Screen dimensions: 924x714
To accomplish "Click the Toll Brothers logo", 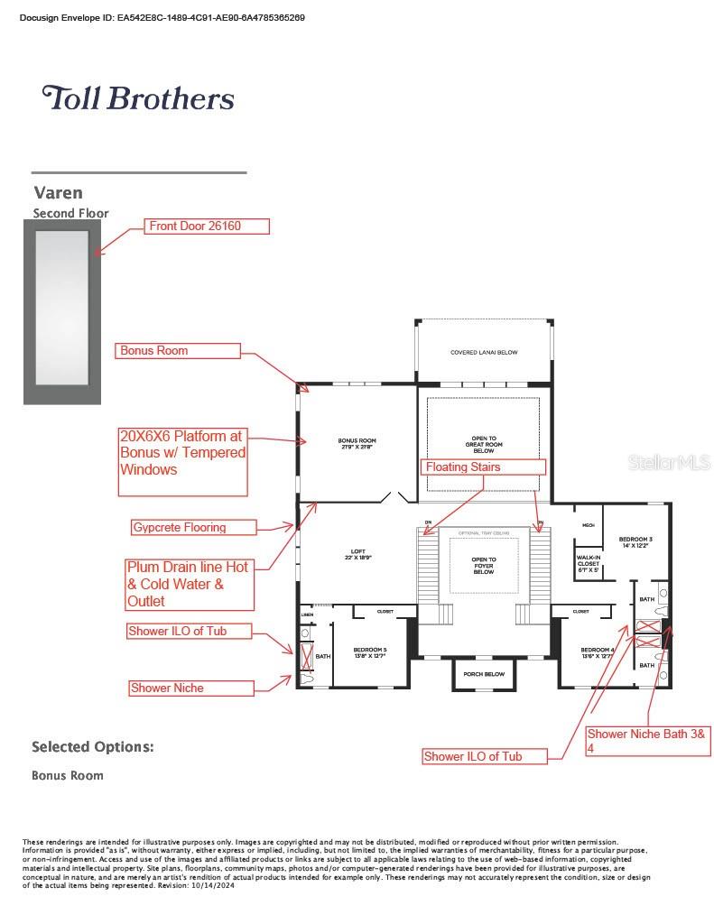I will pyautogui.click(x=138, y=97).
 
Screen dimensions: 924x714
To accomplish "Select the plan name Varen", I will pyautogui.click(x=58, y=192).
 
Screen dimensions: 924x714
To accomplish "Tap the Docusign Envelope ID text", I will pyautogui.click(x=162, y=17).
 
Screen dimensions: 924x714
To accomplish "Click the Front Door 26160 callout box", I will pyautogui.click(x=208, y=226).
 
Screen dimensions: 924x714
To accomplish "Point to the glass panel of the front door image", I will pyautogui.click(x=61, y=307).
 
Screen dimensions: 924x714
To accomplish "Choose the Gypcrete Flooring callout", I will pyautogui.click(x=192, y=527).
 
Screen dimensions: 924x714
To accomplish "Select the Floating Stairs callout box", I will pyautogui.click(x=483, y=467).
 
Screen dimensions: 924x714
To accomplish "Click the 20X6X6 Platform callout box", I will pyautogui.click(x=182, y=460).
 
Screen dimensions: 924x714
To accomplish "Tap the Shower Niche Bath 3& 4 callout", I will pyautogui.click(x=649, y=740).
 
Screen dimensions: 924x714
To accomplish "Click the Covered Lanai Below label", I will pyautogui.click(x=484, y=353).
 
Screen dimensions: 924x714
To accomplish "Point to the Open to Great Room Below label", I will pyautogui.click(x=484, y=443).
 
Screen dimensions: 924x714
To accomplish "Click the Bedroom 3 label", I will pyautogui.click(x=635, y=542).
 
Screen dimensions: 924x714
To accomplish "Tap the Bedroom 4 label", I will pyautogui.click(x=597, y=653).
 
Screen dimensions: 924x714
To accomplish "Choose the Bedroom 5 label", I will pyautogui.click(x=369, y=653).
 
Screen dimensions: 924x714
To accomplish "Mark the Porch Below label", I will pyautogui.click(x=483, y=674).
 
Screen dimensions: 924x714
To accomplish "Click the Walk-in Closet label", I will pyautogui.click(x=588, y=564).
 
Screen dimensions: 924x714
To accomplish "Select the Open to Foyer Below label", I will pyautogui.click(x=484, y=566).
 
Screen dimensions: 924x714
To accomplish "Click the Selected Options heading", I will pyautogui.click(x=92, y=747).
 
